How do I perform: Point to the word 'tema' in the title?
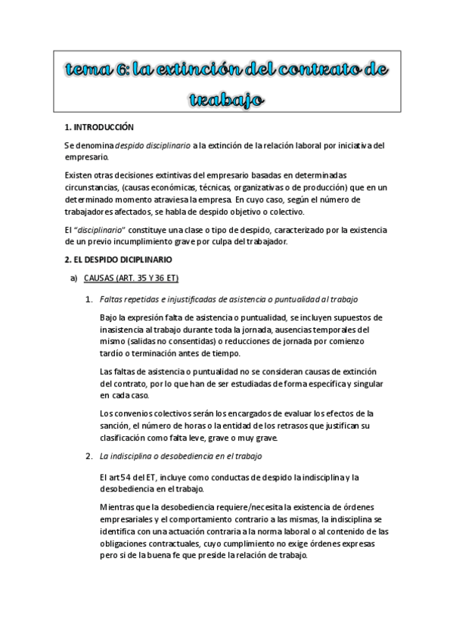coord(89,71)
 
